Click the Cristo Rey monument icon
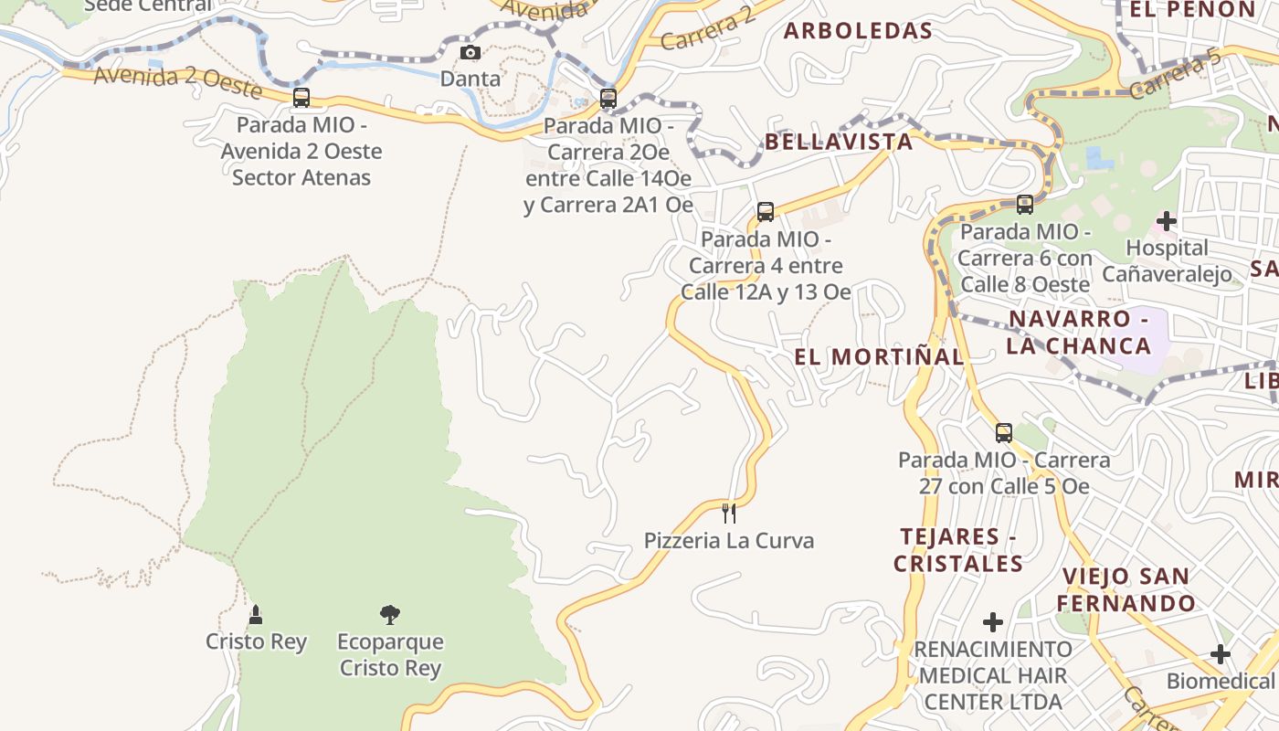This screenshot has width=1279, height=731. [x=256, y=615]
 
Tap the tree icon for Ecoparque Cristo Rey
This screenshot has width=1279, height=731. [x=390, y=615]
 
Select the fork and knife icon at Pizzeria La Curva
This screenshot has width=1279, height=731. [x=728, y=513]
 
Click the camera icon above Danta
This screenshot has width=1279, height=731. [x=470, y=52]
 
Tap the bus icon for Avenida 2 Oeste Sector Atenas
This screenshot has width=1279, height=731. [x=301, y=98]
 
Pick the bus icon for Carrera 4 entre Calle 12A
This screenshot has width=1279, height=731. [x=766, y=212]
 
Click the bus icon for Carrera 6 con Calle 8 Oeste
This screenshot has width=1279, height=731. [x=1025, y=205]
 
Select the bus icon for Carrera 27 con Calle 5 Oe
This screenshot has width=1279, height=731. [x=1004, y=433]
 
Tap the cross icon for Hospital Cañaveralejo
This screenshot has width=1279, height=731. [x=1167, y=220]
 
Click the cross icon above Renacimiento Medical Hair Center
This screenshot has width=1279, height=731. [x=993, y=623]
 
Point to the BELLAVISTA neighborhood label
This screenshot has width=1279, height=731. [x=839, y=142]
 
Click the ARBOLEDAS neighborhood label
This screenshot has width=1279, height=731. [x=858, y=31]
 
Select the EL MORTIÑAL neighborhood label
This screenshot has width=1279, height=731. [x=879, y=356]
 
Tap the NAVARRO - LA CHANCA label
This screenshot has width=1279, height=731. [x=1078, y=333]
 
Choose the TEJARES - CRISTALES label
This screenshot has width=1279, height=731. [x=957, y=550]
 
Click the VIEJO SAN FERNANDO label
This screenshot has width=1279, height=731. [x=1126, y=589]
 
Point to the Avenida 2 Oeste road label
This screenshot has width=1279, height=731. [x=178, y=82]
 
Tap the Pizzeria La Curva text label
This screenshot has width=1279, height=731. [x=728, y=540]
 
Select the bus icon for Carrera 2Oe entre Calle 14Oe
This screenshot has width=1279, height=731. [x=608, y=98]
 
